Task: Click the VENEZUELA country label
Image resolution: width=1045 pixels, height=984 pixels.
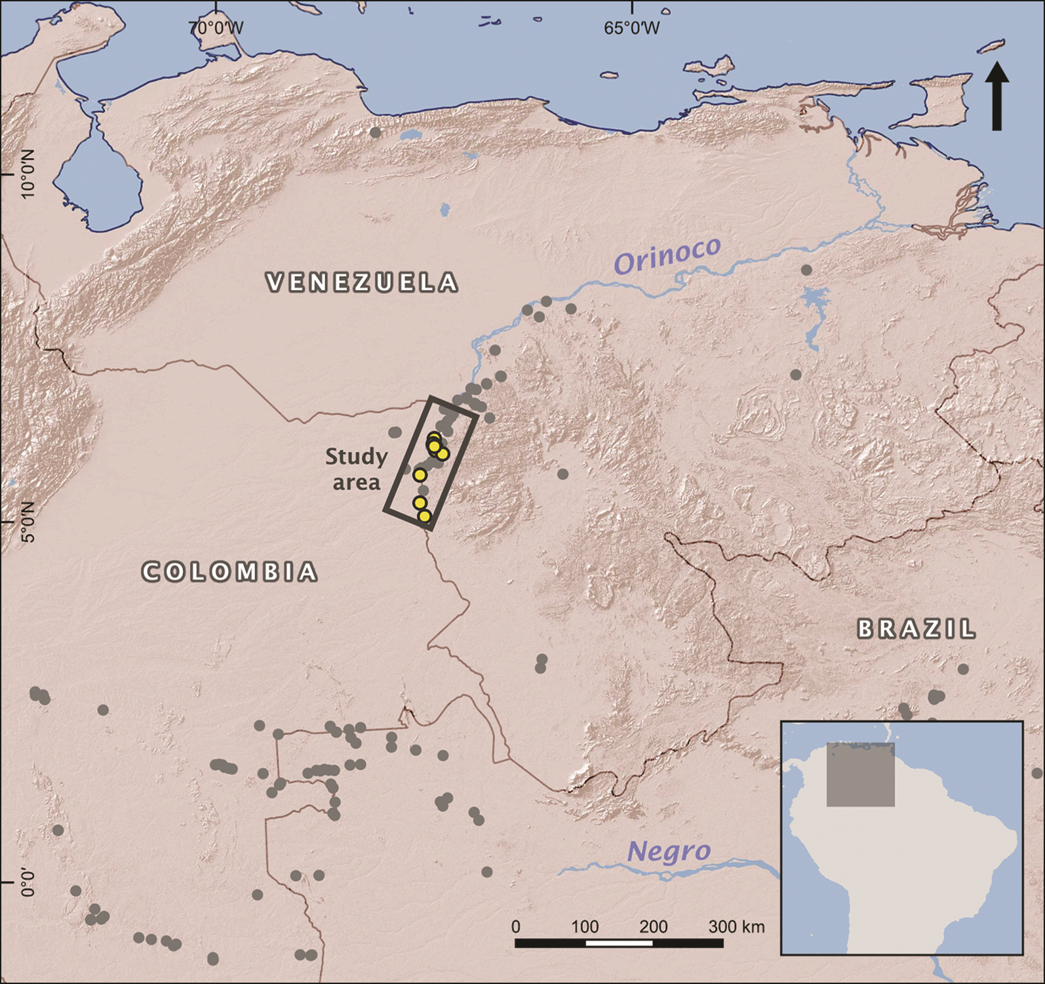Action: tap(362, 282)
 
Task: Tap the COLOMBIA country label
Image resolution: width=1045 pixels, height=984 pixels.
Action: tap(230, 571)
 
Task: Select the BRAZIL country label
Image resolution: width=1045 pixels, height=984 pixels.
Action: tap(917, 630)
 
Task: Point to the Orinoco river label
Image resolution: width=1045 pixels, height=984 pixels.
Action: tap(667, 255)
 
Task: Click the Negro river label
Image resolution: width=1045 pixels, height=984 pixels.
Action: tap(669, 851)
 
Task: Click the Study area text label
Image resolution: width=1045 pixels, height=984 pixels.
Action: tap(356, 469)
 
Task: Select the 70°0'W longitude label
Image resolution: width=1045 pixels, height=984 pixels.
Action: tap(216, 28)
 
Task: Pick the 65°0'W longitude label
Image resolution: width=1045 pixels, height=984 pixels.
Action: tap(632, 28)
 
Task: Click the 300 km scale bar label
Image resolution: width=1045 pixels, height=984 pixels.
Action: tap(736, 926)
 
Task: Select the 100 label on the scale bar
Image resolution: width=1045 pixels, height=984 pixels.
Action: tap(584, 926)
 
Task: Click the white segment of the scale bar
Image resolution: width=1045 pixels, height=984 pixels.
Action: tap(619, 943)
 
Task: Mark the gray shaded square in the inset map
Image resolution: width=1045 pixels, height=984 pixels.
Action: tap(860, 774)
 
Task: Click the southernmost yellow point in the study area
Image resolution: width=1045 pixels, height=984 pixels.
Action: tap(425, 516)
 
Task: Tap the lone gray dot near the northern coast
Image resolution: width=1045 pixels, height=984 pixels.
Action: tap(375, 133)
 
